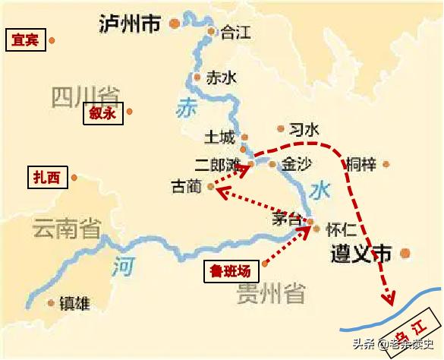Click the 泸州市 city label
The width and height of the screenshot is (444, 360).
(130, 24)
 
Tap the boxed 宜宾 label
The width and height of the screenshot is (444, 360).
(25, 39)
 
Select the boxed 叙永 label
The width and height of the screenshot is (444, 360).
(102, 114)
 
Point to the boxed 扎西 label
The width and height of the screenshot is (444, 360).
(47, 178)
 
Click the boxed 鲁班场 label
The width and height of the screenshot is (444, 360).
(231, 270)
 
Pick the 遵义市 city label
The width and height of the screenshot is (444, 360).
(362, 254)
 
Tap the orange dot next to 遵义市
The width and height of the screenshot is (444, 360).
(407, 254)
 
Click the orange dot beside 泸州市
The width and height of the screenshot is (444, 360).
(175, 24)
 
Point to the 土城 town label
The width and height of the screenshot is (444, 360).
(220, 137)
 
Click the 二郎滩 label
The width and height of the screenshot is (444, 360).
(217, 164)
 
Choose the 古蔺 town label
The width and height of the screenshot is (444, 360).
(186, 186)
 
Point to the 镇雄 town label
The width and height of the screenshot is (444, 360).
(74, 304)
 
